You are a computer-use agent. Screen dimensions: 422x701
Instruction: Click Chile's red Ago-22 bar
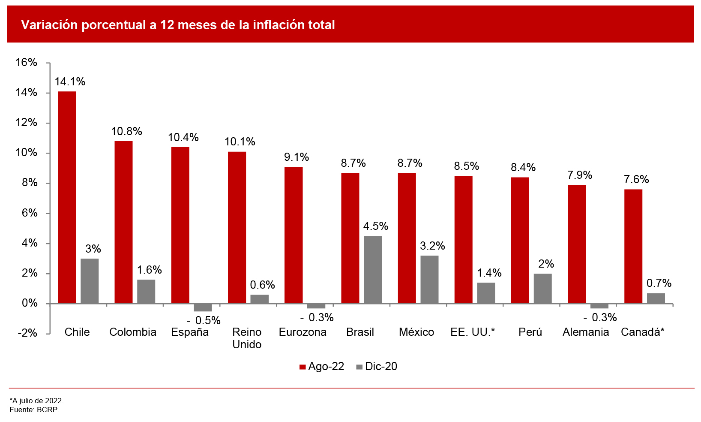[67, 197]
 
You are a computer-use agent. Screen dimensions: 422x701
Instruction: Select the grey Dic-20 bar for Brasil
[372, 270]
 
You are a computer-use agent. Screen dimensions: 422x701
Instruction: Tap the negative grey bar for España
[203, 307]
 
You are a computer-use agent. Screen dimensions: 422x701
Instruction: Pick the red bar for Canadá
[633, 246]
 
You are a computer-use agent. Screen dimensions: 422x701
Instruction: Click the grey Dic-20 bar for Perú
[542, 289]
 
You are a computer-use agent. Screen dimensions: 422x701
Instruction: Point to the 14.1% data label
[70, 82]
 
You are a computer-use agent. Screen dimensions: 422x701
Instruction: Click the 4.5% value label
[376, 226]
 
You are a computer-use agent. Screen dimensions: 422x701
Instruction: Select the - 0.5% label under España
[204, 320]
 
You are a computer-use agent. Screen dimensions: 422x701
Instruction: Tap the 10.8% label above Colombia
[126, 132]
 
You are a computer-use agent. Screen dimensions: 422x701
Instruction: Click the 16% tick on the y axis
[27, 63]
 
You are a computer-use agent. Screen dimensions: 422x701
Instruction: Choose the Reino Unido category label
[247, 338]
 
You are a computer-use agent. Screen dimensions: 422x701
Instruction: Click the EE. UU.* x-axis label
[473, 332]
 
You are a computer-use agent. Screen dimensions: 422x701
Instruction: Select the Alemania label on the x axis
[586, 332]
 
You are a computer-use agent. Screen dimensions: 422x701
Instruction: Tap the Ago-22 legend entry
[322, 367]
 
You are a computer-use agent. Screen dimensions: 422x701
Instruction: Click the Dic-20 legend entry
[377, 367]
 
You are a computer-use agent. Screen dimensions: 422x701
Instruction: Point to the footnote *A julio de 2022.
[36, 401]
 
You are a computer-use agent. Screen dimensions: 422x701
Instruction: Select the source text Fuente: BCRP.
[34, 410]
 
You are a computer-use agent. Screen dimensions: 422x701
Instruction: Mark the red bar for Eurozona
[294, 235]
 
